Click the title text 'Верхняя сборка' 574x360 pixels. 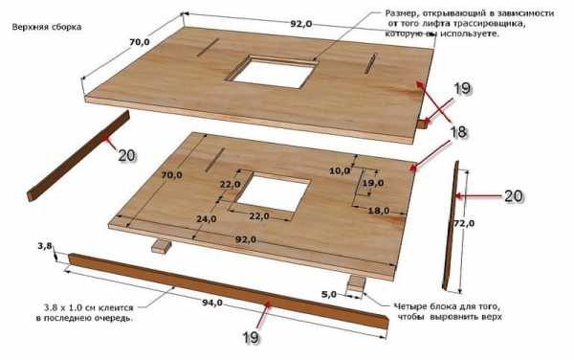[47, 27]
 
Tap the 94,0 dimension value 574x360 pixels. [212, 303]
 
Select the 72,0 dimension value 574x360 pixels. [464, 223]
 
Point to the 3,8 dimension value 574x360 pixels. [45, 246]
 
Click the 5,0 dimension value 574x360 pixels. [328, 294]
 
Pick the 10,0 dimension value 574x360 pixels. [340, 170]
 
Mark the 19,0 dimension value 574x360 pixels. [373, 182]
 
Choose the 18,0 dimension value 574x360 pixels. [379, 211]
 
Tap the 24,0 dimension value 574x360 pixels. [206, 219]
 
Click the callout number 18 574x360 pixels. [457, 132]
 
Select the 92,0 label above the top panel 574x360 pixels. [301, 24]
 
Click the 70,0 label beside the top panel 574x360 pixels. [140, 42]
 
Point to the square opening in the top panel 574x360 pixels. [273, 72]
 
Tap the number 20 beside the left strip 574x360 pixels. [126, 156]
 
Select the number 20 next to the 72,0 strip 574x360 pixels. [514, 196]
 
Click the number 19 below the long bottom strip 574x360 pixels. [251, 338]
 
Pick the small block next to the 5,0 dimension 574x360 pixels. [356, 283]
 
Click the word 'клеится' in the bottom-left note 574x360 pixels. [119, 308]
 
